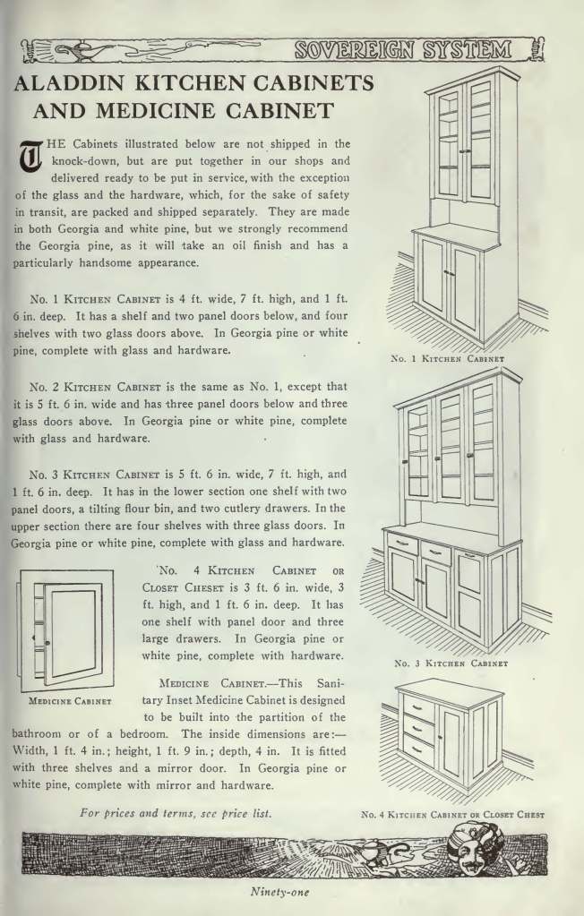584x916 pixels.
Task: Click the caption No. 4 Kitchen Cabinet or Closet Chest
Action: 452,815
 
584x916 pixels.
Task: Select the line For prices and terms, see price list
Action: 176,812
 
